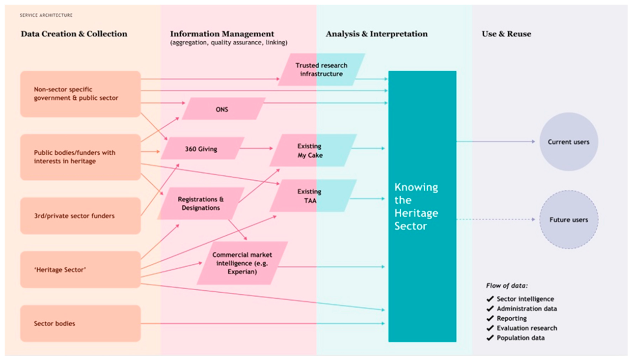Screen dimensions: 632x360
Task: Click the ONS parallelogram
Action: coord(223,109)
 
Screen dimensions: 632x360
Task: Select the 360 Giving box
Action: coord(203,148)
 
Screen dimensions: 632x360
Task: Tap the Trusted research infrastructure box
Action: coord(322,69)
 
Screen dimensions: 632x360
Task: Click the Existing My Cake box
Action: coord(313,150)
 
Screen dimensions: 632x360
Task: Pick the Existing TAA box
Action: coord(313,195)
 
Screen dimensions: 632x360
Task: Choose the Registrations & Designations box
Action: coord(201,203)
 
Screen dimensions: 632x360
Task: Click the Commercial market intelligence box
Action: coord(243,263)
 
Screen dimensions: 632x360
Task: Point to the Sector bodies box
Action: coord(81,323)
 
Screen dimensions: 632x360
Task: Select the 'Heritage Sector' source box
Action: coord(81,270)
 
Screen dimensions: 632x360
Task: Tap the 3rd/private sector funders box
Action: coord(81,216)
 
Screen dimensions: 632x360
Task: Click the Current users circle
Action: coord(569,141)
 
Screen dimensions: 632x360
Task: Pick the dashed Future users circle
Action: coord(569,220)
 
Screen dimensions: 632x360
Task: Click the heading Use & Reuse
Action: coord(506,34)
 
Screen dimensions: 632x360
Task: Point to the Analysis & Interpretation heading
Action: coord(377,34)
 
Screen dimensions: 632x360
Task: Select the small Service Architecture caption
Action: coord(46,15)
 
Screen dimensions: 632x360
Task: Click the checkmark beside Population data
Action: coord(490,338)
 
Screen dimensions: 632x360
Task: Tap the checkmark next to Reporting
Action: coord(490,318)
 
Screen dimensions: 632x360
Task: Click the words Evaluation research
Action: coord(527,328)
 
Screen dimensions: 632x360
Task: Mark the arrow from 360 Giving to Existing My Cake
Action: coord(256,148)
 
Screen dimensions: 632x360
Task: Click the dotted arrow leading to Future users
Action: coord(495,219)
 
